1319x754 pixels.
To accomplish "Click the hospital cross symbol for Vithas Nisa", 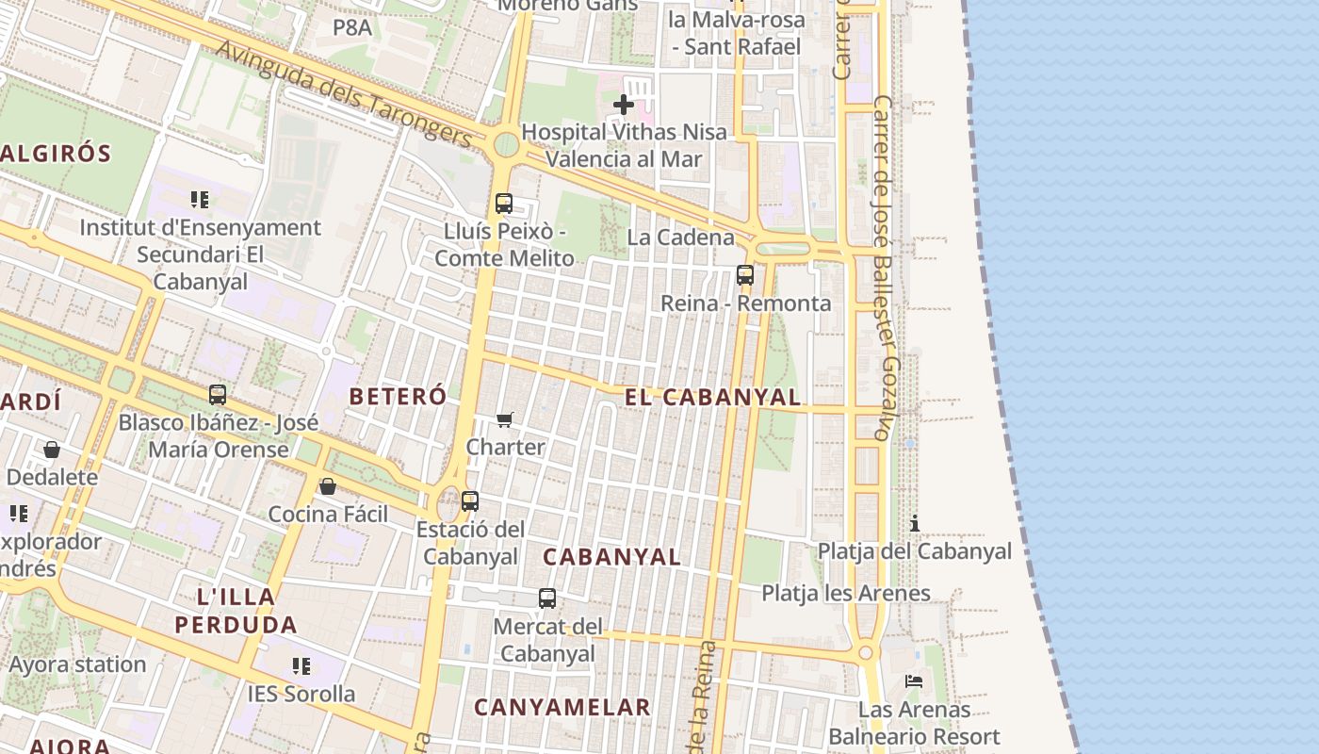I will (623, 105).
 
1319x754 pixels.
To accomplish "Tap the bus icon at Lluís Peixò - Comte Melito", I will (504, 203).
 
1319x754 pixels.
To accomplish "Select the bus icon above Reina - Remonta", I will (745, 275).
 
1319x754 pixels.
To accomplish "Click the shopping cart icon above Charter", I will (505, 419).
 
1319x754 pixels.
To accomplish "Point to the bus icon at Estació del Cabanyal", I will (470, 501).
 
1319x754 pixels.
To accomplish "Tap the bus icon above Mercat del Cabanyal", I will (547, 598).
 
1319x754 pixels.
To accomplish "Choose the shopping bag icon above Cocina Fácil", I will (328, 486).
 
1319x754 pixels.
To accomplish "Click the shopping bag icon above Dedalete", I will (52, 450).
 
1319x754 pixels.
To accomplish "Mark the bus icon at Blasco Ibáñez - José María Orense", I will (218, 394).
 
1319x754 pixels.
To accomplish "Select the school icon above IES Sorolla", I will (301, 666).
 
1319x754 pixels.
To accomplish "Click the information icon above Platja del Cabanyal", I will (914, 523).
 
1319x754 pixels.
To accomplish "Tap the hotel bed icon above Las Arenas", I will (913, 680).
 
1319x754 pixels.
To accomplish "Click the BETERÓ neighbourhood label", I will (398, 397).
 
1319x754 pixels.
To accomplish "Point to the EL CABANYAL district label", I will (712, 398).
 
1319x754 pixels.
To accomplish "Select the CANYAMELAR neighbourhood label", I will (562, 707).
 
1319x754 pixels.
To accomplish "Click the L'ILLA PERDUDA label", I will (236, 610).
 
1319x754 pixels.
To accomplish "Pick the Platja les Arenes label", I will (846, 593).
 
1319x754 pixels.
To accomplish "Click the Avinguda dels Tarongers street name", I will (343, 92).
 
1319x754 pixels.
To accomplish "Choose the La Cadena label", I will (680, 237).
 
